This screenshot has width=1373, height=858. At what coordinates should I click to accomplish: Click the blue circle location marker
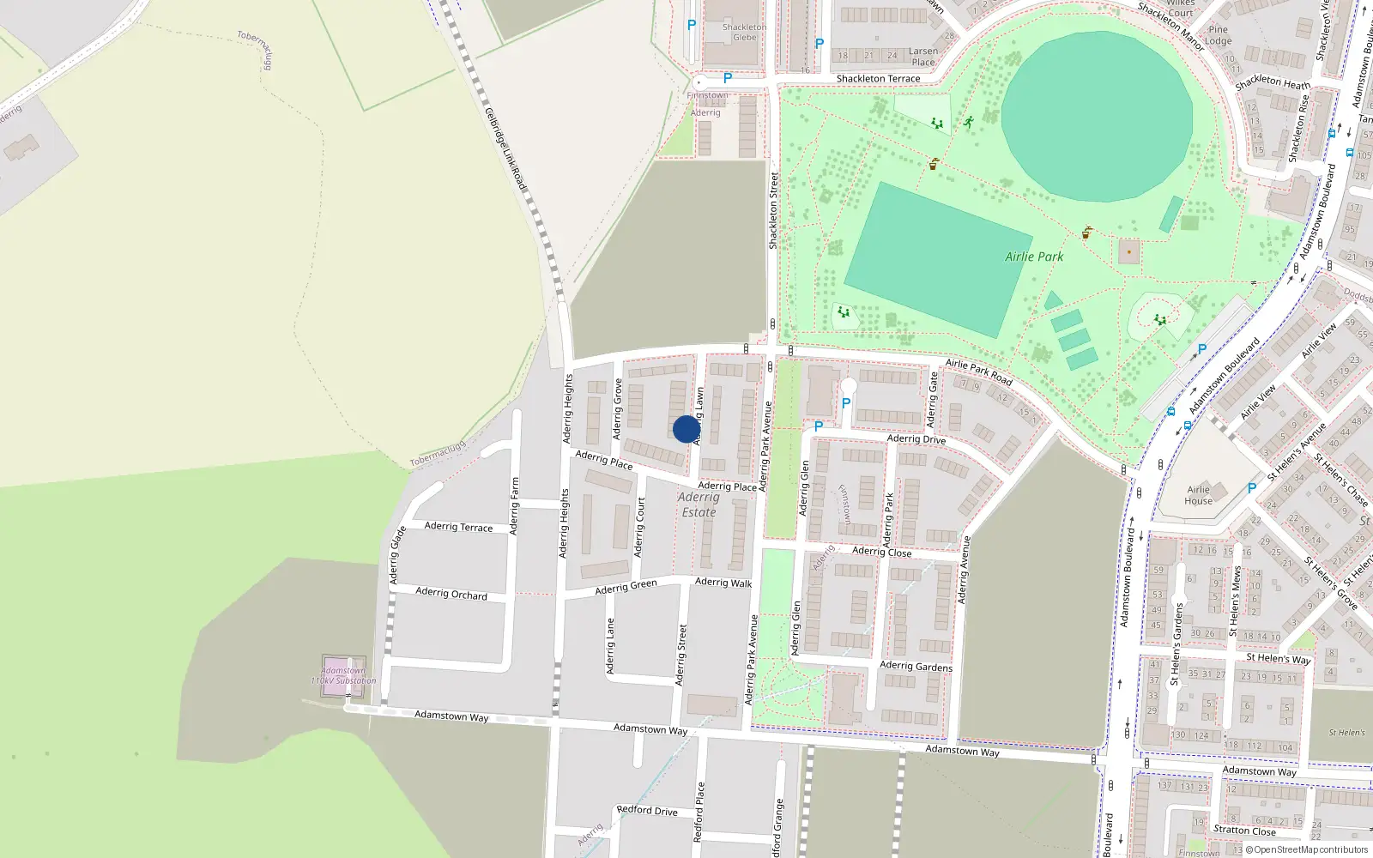click(x=686, y=429)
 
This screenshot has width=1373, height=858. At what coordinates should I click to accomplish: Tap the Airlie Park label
click(x=1034, y=257)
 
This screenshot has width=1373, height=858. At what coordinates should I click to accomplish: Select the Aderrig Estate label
click(x=699, y=505)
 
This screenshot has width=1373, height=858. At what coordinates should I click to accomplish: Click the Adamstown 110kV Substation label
click(x=343, y=675)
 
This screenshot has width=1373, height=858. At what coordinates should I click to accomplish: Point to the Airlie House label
click(x=1199, y=495)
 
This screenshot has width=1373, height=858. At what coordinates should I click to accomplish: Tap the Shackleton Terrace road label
click(x=878, y=79)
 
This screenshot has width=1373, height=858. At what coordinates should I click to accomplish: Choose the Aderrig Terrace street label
click(x=458, y=527)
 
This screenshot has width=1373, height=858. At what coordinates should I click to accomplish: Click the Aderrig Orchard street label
click(x=451, y=593)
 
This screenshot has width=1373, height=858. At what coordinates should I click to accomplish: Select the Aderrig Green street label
click(x=626, y=587)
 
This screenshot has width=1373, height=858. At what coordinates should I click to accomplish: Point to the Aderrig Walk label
click(x=723, y=583)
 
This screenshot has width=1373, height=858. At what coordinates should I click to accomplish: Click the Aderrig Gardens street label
click(x=916, y=666)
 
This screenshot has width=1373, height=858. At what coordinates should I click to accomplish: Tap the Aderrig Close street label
click(x=882, y=552)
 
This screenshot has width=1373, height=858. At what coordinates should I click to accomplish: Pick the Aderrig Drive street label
click(x=916, y=439)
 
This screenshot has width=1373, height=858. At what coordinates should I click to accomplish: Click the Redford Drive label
click(x=647, y=810)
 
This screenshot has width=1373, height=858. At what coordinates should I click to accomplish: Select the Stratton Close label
click(x=1244, y=831)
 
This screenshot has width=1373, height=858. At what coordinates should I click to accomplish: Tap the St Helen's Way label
click(x=1279, y=659)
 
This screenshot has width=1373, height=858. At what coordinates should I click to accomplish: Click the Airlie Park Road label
click(x=979, y=372)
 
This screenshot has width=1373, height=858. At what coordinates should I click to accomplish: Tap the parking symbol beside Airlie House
click(x=1251, y=488)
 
